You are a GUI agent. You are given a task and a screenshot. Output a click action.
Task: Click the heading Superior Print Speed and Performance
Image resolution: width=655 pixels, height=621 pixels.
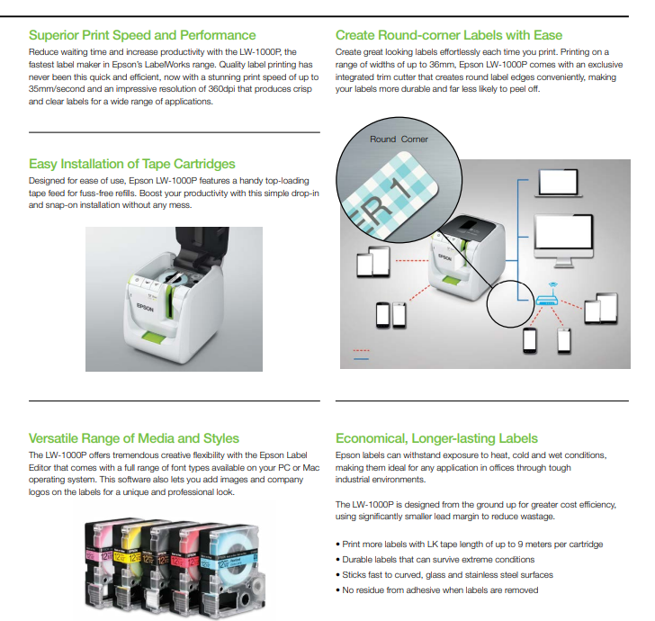pos(142,35)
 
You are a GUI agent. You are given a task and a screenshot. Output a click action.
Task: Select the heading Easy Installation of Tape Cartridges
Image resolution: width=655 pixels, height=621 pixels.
pos(132,164)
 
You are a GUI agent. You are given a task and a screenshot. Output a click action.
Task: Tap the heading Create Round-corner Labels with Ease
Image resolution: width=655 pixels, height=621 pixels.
pos(449,35)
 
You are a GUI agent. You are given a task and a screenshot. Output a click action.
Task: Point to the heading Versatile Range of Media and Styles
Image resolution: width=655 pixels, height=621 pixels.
pos(134,438)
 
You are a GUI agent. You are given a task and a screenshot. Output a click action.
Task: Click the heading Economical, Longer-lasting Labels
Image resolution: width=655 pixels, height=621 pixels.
pos(436,438)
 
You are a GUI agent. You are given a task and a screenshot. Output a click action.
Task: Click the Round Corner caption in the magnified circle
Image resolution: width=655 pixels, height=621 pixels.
pos(399,139)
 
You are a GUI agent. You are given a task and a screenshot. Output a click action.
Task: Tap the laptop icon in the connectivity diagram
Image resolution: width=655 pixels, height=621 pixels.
pos(559,183)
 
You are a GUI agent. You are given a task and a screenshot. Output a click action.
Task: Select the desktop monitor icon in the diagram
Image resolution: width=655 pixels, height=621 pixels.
pos(563,241)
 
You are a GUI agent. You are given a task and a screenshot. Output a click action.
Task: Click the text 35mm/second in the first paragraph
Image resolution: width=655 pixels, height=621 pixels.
pos(54,89)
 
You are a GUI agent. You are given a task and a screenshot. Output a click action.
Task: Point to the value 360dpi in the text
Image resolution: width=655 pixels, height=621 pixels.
pos(221,89)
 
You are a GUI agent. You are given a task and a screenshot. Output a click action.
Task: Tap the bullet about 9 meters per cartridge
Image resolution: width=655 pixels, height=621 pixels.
pos(469,544)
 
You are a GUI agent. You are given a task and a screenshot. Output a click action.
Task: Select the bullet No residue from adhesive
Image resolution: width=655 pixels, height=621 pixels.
pos(436,590)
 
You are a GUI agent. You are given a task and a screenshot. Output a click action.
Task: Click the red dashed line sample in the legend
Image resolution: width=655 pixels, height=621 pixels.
pos(361,350)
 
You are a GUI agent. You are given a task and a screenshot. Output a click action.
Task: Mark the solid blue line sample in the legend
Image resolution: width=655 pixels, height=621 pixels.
pos(361,358)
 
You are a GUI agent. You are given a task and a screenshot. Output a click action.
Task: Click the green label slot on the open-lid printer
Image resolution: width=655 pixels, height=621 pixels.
pos(153,336)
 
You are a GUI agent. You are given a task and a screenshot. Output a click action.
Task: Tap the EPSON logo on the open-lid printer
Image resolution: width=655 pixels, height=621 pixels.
pos(145,307)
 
